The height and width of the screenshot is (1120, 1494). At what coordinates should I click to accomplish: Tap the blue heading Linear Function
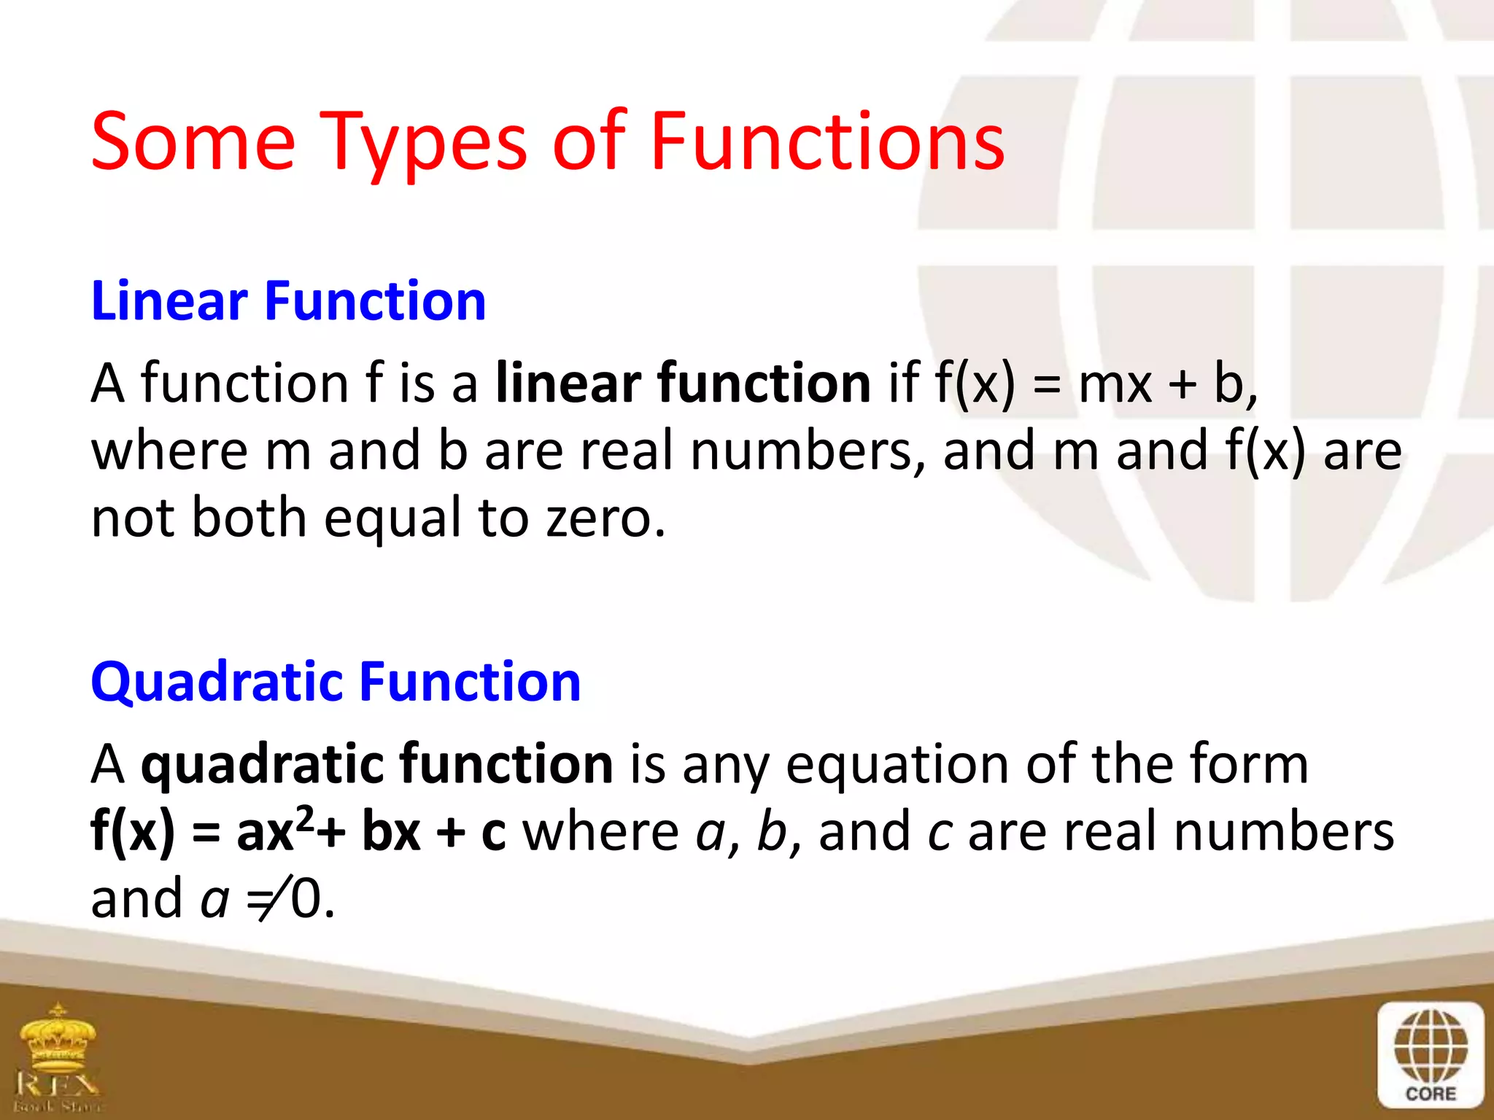(288, 301)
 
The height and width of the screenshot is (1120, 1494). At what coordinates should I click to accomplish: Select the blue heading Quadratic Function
(336, 682)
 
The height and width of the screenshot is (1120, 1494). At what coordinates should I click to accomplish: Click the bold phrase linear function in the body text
(683, 383)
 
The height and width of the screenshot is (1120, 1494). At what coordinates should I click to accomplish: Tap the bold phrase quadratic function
(376, 764)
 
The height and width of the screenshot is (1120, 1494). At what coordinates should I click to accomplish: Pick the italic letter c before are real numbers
(939, 833)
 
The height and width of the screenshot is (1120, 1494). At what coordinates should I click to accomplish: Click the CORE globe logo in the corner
(1431, 1053)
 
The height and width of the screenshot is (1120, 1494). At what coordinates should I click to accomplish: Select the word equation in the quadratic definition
(897, 766)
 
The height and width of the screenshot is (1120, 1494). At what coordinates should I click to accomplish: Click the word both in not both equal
(249, 518)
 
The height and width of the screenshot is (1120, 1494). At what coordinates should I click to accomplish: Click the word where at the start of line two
(169, 451)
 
